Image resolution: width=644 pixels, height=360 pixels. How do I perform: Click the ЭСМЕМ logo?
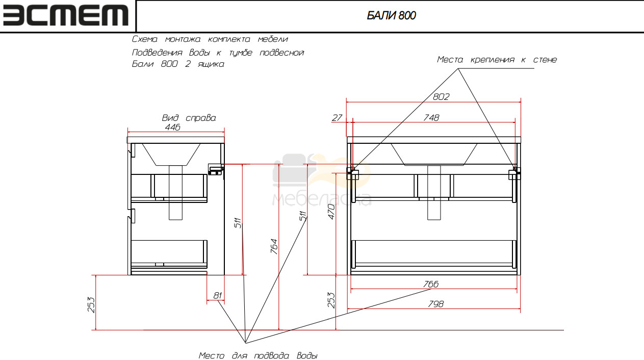[66, 15]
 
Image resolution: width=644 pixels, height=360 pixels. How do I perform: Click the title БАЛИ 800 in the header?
[391, 15]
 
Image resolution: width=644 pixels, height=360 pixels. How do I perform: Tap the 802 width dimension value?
[441, 96]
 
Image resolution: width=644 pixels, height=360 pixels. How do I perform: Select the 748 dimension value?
[431, 118]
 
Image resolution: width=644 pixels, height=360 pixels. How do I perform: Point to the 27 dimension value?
[337, 118]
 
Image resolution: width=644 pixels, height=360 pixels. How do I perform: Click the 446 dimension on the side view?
[172, 127]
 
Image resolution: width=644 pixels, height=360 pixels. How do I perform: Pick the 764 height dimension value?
[274, 246]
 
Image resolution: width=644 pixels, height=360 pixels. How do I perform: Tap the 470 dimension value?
[331, 212]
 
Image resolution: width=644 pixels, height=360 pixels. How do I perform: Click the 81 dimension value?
[218, 295]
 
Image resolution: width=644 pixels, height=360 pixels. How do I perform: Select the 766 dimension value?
[431, 284]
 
